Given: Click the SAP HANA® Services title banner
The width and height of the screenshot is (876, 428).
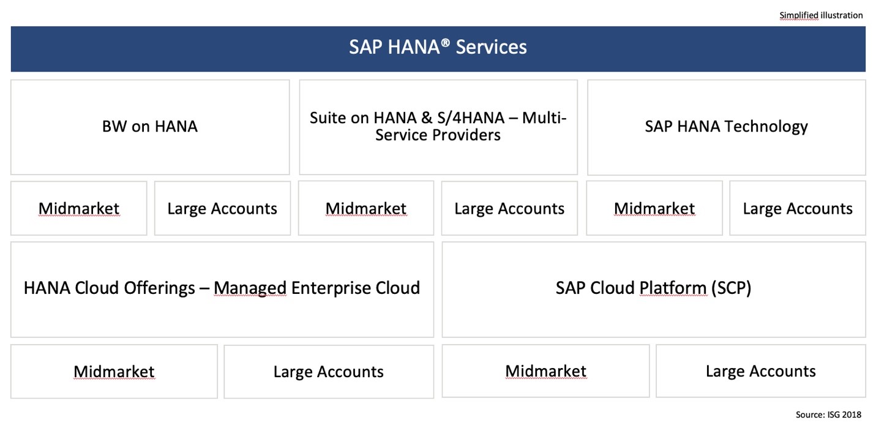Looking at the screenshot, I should point(438,48).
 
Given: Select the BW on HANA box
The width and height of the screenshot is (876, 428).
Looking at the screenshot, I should point(150,127).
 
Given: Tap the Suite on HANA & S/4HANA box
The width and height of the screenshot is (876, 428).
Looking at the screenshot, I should point(438,127).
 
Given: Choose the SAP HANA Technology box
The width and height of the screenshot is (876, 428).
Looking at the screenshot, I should point(726,127).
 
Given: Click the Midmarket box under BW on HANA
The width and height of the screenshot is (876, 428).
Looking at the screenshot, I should point(79,208).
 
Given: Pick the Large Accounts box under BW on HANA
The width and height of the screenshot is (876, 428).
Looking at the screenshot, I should point(222,208).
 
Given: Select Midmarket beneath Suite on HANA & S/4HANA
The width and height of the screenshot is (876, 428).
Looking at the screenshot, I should point(366,208).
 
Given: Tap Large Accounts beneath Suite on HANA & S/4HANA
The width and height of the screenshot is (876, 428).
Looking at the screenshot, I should point(509,208).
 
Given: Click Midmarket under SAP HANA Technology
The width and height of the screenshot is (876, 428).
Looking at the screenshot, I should point(654,208).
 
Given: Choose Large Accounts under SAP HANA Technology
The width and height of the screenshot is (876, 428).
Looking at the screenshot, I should point(798,208).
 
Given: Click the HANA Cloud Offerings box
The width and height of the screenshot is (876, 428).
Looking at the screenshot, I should point(222,288).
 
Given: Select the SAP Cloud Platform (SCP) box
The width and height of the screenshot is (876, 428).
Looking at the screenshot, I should point(653,288).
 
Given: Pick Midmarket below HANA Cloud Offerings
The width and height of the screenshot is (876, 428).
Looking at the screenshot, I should point(114,371).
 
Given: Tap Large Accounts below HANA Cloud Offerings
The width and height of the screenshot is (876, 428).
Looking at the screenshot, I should point(329,371).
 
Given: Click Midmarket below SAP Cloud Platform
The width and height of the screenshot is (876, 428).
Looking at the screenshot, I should point(545,371).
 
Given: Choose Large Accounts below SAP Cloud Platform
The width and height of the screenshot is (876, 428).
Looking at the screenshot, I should point(761,371).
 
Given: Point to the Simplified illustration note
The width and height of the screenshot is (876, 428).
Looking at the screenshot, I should point(821,15).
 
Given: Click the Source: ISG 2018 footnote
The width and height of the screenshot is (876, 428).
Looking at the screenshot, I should point(828,415).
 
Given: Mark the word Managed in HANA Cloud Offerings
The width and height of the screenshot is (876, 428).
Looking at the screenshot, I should point(250,288).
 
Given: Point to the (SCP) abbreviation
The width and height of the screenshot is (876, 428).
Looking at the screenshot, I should point(730,288).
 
